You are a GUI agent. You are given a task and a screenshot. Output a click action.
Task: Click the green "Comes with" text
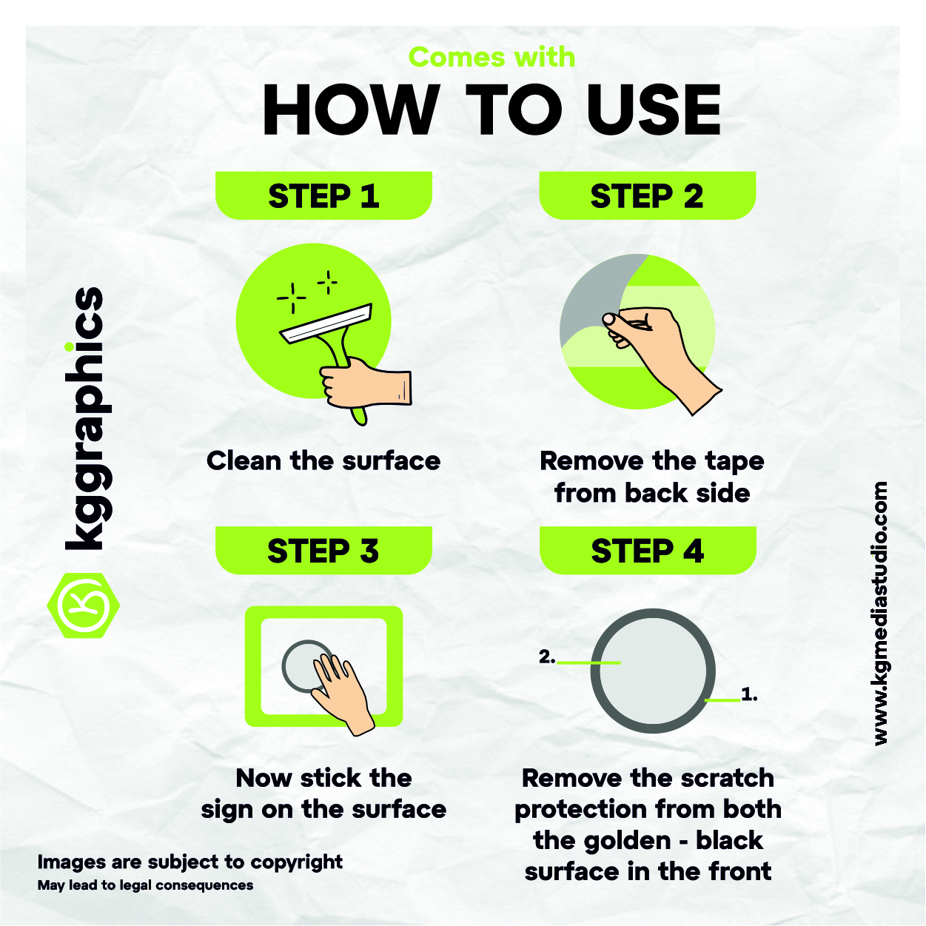point(491,58)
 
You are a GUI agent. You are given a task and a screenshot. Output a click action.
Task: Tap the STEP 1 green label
point(323,195)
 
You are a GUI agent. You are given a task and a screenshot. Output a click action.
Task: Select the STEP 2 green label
point(647,195)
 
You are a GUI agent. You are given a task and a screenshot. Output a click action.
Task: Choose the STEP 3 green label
point(323,550)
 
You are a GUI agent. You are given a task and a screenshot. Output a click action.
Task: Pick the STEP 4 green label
point(648,550)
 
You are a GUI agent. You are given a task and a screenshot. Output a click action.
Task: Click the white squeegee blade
point(326,323)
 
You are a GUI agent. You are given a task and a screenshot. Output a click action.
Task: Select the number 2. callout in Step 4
point(547,657)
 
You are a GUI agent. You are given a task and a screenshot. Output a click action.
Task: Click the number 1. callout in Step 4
point(749,694)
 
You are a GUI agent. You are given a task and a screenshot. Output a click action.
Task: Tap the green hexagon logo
point(84,605)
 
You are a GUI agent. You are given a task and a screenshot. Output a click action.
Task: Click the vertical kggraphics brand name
point(84,418)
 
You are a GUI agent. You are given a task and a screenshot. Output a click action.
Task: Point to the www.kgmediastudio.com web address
point(880,614)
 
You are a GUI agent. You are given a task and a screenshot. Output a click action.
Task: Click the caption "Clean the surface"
point(323,461)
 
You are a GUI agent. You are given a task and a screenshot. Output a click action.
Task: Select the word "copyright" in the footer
point(297,862)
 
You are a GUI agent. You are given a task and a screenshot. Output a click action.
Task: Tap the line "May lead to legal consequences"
point(145,885)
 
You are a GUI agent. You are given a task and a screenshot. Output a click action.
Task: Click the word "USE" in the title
point(654,110)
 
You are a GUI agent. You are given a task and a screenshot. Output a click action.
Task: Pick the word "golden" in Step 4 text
point(602,840)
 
